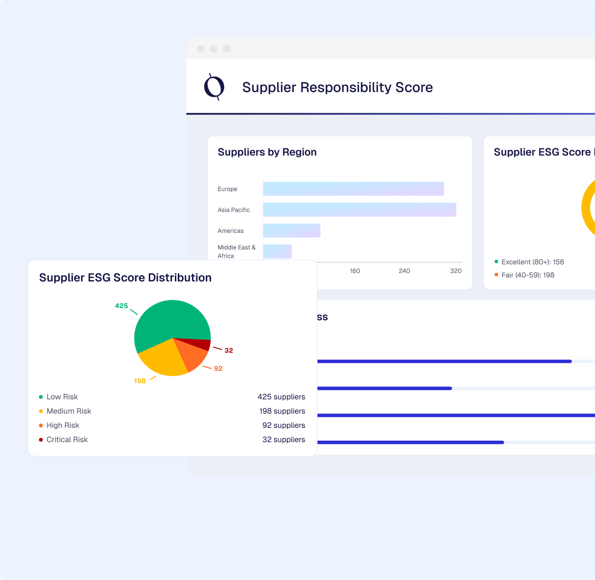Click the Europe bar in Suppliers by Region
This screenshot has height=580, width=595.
click(353, 189)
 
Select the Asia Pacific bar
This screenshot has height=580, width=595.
click(359, 210)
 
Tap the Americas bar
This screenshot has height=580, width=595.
click(291, 231)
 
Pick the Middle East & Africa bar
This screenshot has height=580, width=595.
click(277, 251)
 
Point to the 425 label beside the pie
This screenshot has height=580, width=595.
click(121, 306)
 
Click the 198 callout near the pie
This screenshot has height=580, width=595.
click(140, 381)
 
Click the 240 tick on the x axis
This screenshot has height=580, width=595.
click(404, 271)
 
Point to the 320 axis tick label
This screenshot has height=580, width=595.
click(456, 271)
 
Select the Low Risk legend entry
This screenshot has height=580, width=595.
click(62, 397)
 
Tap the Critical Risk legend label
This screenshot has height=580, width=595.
click(67, 440)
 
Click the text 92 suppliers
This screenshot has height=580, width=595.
click(283, 425)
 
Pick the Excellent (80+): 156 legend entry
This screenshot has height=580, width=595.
click(532, 262)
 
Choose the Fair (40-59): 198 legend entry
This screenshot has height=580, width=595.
click(528, 275)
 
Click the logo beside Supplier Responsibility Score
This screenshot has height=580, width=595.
click(214, 87)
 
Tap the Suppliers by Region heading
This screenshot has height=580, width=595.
click(267, 152)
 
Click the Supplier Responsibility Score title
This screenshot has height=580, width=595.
click(337, 87)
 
